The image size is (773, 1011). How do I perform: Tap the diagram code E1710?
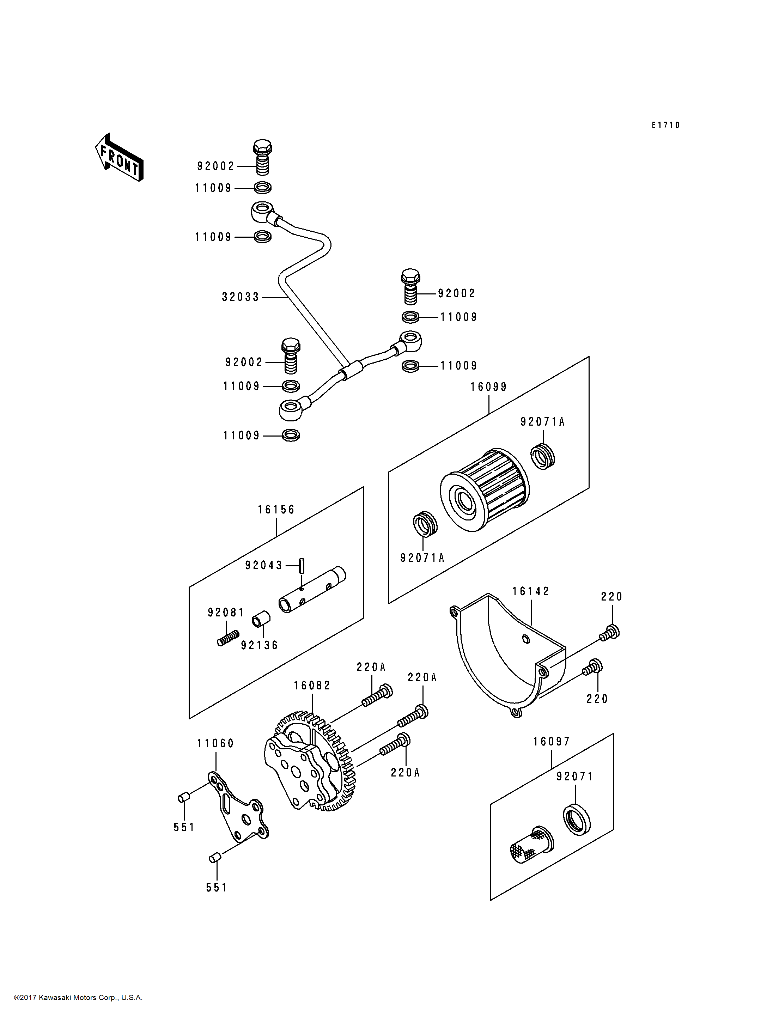[x=665, y=125]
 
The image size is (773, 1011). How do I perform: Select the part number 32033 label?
[x=241, y=297]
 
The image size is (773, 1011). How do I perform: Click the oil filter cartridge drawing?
[x=484, y=492]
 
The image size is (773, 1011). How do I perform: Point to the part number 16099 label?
[x=488, y=387]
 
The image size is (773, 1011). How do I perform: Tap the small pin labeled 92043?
[x=302, y=565]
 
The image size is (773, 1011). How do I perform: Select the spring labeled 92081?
[x=228, y=638]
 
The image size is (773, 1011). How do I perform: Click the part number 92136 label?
[x=260, y=646]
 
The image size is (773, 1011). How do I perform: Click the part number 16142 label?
[x=531, y=592]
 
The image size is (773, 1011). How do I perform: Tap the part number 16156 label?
[x=276, y=510]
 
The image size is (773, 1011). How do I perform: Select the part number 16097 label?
[x=552, y=742]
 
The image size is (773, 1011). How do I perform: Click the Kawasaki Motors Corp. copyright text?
[x=78, y=998]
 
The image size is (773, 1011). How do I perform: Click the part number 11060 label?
[x=216, y=744]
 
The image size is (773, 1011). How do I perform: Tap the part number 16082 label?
[x=312, y=686]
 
